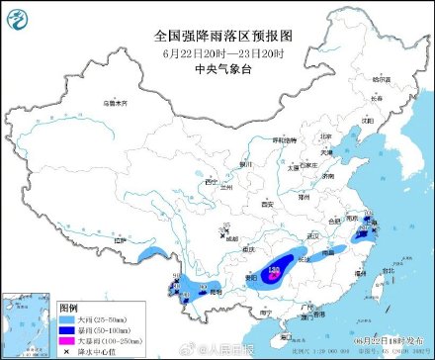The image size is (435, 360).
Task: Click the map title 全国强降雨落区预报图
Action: point(217,35)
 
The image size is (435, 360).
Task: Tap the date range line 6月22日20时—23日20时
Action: point(217,52)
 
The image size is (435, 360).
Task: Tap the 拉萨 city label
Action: point(122,240)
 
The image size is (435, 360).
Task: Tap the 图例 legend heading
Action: point(68,308)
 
